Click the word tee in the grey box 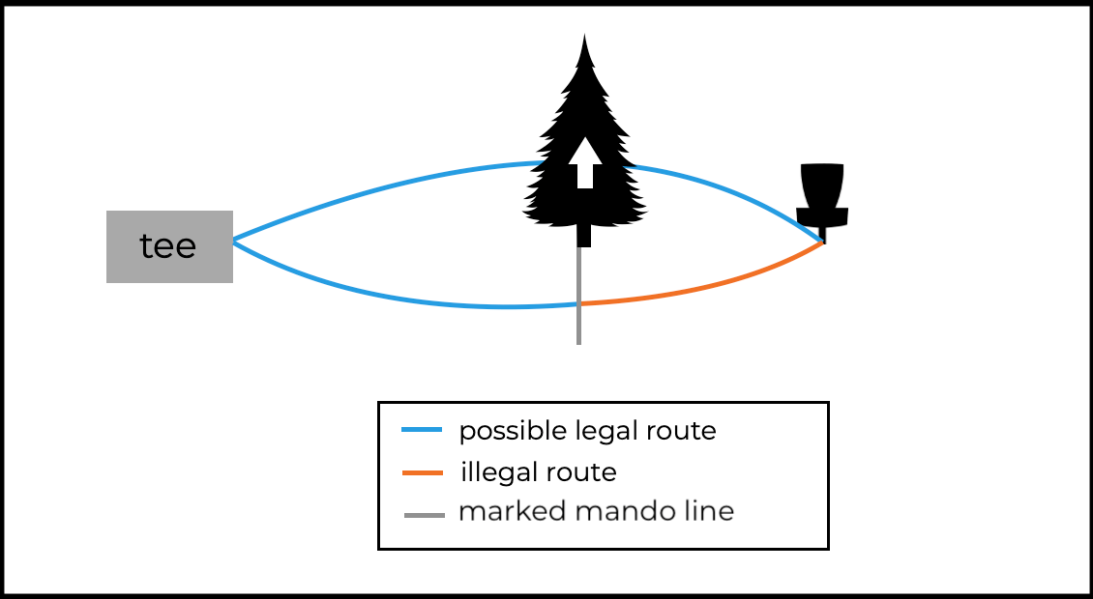(x=167, y=246)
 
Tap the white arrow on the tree (x=584, y=162)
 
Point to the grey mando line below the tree (x=578, y=324)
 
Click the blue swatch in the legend (x=422, y=429)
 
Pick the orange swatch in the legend (x=422, y=472)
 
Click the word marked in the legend (x=510, y=511)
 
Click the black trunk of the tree (x=583, y=235)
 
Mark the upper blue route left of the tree (x=387, y=187)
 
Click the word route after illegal (x=579, y=472)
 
